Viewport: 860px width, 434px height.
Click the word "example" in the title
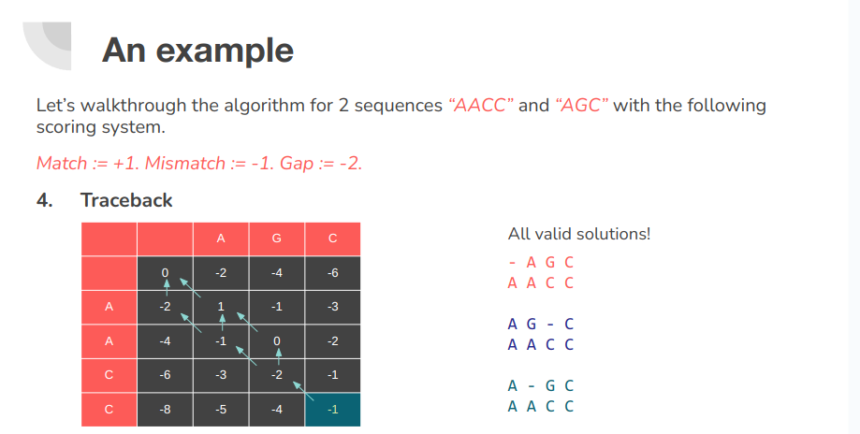pyautogui.click(x=225, y=50)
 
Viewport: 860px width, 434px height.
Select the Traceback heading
pyautogui.click(x=126, y=200)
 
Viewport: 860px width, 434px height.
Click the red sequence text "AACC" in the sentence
pyautogui.click(x=481, y=105)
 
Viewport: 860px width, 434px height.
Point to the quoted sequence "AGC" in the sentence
pyautogui.click(x=580, y=105)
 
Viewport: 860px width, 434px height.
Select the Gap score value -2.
pyautogui.click(x=350, y=163)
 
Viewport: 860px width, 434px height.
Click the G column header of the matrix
pyautogui.click(x=276, y=239)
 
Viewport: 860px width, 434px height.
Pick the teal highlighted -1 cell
pyautogui.click(x=332, y=409)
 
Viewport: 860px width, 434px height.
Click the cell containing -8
pyautogui.click(x=166, y=409)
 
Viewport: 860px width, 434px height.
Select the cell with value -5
pyautogui.click(x=221, y=409)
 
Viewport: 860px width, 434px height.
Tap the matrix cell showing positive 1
pyautogui.click(x=221, y=306)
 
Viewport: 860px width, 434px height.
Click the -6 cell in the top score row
pyautogui.click(x=332, y=272)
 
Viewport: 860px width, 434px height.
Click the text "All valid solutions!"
pyautogui.click(x=578, y=233)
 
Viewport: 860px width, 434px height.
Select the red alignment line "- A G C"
pyautogui.click(x=540, y=263)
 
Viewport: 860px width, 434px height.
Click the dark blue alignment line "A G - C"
pyautogui.click(x=540, y=325)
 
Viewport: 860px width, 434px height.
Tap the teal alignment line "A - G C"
pyautogui.click(x=540, y=385)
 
